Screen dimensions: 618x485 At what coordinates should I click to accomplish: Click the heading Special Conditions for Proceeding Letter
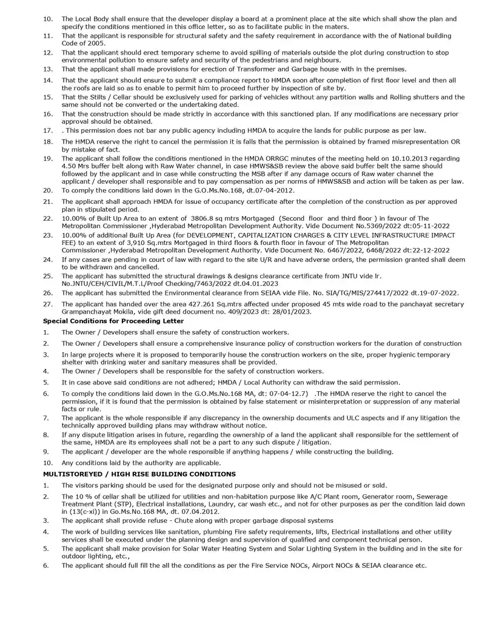(x=113, y=320)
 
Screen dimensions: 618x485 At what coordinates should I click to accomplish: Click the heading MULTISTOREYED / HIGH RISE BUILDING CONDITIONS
(x=139, y=474)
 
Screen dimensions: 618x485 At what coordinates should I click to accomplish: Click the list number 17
(x=47, y=130)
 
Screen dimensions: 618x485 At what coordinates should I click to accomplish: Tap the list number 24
(x=47, y=260)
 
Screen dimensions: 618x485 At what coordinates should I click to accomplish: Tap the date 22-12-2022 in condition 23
(x=428, y=249)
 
